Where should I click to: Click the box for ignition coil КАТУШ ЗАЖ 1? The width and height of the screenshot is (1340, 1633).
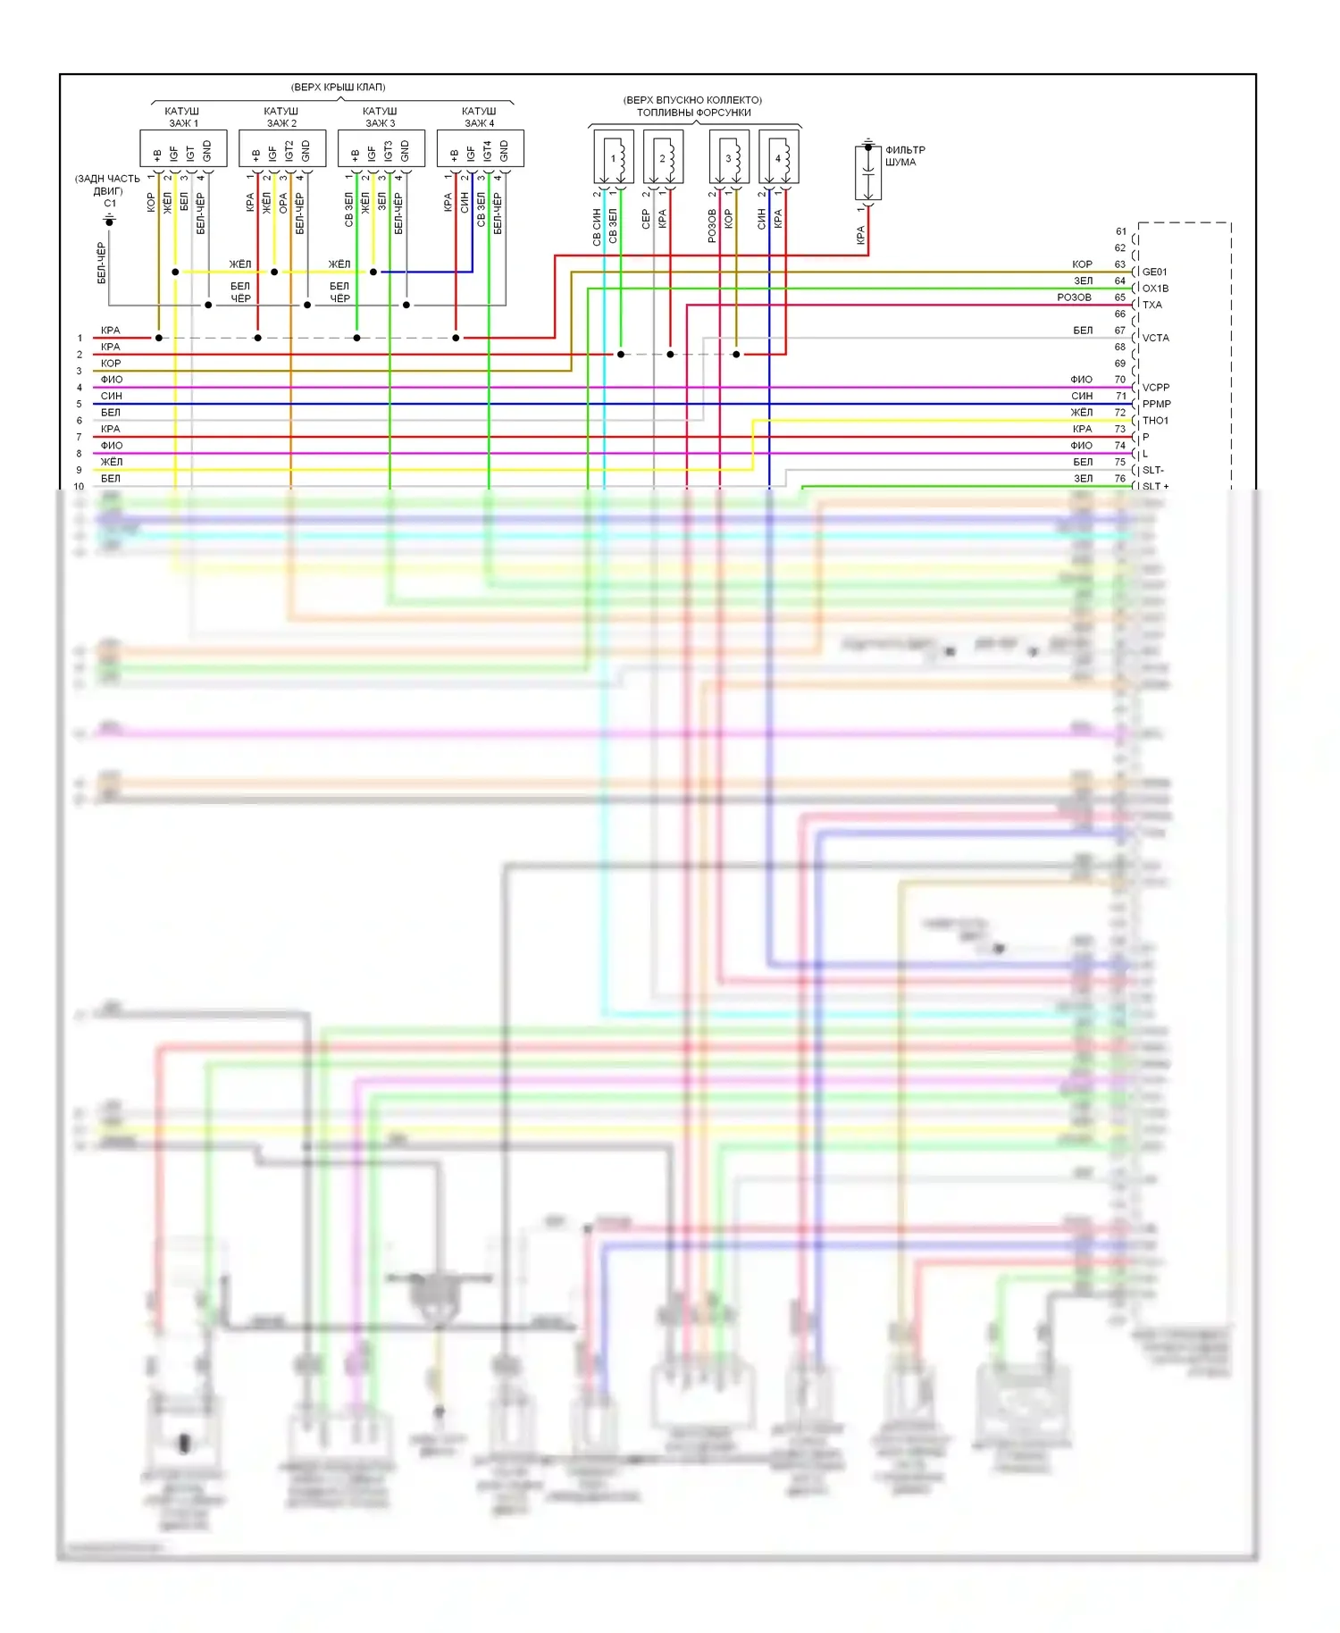point(183,148)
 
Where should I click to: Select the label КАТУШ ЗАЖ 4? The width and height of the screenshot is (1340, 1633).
point(480,117)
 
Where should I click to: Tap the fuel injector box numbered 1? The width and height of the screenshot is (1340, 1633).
point(614,157)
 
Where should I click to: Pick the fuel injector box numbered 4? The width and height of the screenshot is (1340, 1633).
point(778,157)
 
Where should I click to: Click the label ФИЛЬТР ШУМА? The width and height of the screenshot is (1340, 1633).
point(905,156)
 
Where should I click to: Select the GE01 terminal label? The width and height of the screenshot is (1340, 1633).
point(1154,272)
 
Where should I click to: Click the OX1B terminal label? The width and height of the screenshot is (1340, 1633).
point(1155,289)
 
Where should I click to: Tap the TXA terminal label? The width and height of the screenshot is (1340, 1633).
point(1152,305)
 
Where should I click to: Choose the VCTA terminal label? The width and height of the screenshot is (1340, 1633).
point(1155,338)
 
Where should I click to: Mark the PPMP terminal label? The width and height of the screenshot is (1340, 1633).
point(1156,404)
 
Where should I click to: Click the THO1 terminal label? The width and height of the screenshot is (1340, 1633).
point(1155,421)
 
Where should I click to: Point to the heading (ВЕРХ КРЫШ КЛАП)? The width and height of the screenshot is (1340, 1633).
point(338,87)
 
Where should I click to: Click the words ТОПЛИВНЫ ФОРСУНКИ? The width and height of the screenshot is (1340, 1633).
point(693,113)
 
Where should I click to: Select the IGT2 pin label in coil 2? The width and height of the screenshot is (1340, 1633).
point(289,151)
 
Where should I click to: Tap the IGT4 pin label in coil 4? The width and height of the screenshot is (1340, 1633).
point(488,151)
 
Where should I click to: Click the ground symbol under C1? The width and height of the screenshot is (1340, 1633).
point(110,219)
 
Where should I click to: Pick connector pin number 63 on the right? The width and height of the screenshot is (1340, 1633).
point(1119,264)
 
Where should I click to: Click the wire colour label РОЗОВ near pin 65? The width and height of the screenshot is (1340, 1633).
point(1074,297)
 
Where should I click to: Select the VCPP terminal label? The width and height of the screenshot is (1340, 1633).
point(1155,388)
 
